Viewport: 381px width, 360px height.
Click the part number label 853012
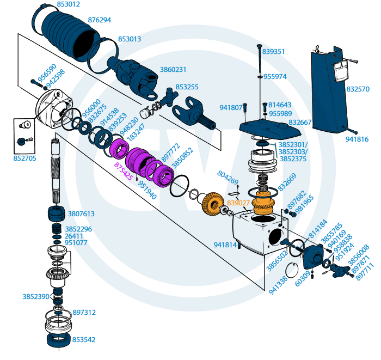(x=69, y=5)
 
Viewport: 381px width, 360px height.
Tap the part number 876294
(x=99, y=20)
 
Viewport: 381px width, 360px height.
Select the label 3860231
(x=173, y=70)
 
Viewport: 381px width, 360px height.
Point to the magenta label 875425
(x=123, y=170)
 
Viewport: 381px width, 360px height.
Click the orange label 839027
(x=238, y=203)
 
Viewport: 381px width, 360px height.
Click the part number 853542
(x=84, y=339)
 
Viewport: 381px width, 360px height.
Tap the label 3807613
(x=80, y=214)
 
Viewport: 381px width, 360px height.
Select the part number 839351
(x=273, y=52)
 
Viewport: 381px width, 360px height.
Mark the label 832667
(x=300, y=123)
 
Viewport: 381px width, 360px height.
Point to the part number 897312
(x=84, y=313)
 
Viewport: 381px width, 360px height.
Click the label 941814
(x=225, y=245)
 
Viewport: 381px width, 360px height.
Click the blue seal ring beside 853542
(x=58, y=340)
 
